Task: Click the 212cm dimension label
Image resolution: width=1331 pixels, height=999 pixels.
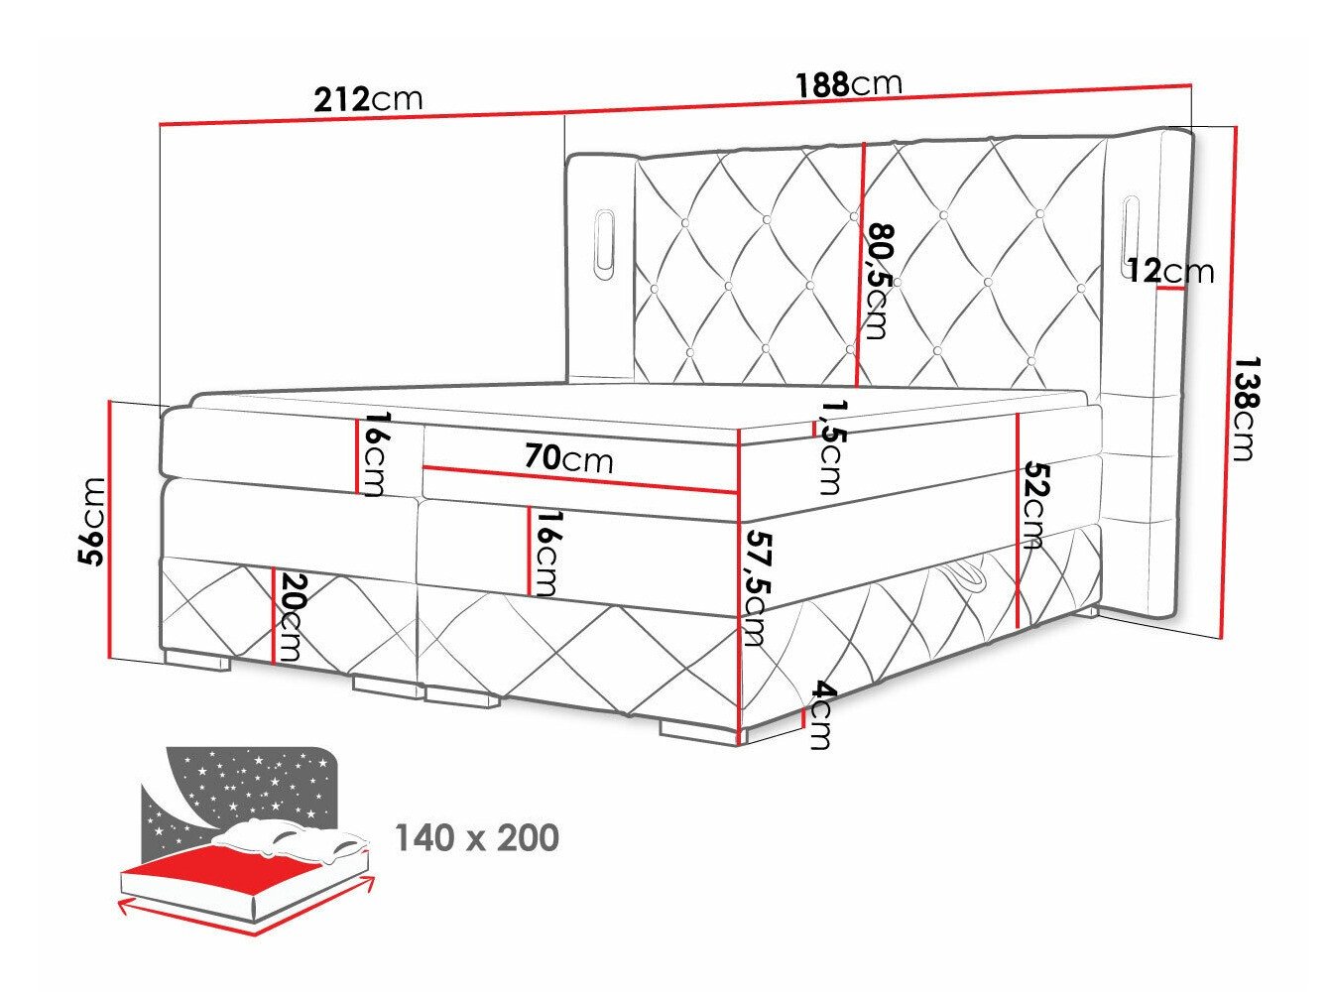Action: point(367,99)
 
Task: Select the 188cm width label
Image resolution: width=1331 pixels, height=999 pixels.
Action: point(848,84)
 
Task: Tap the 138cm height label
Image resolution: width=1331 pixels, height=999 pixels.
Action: point(1242,409)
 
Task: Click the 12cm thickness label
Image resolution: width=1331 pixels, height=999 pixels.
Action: point(1170,270)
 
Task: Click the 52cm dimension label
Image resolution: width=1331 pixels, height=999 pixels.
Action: point(1034,504)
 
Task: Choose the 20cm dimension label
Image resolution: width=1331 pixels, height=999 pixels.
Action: point(291,617)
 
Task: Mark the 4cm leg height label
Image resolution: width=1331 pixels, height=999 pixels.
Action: point(819,714)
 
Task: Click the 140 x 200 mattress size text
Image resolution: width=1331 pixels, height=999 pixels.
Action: point(477,838)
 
